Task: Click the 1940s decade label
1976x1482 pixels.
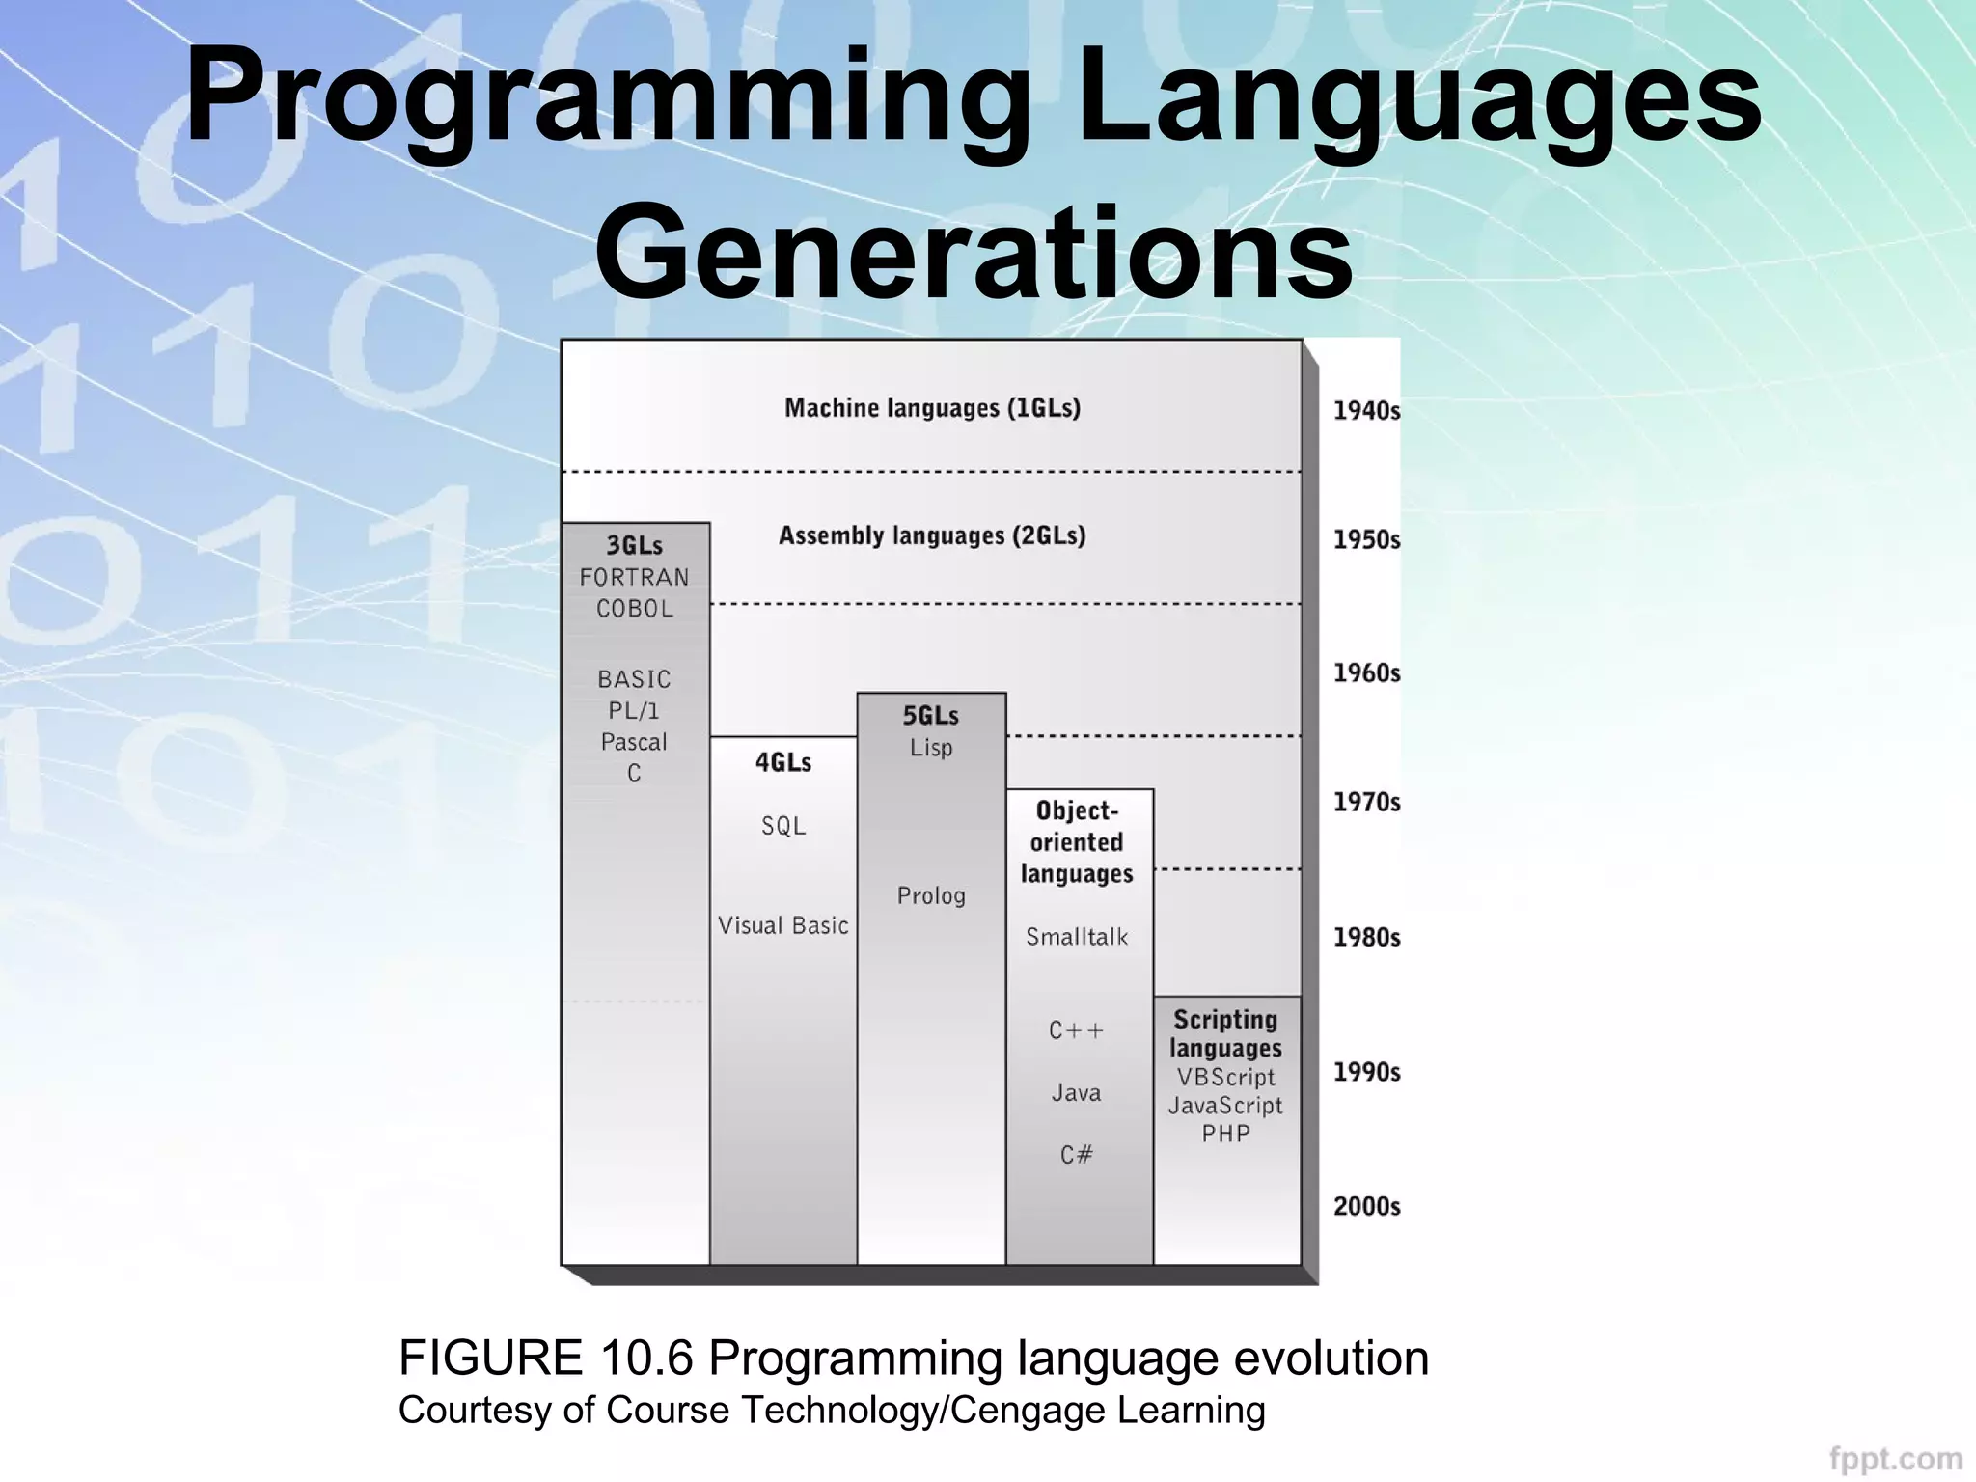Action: [x=1366, y=411]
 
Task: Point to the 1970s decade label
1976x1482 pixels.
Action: [x=1366, y=802]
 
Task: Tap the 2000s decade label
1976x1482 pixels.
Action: [x=1366, y=1206]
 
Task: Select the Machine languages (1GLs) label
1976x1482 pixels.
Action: [x=932, y=408]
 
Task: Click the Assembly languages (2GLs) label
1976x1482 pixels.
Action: [x=932, y=535]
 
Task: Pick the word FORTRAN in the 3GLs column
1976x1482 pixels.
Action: [x=634, y=577]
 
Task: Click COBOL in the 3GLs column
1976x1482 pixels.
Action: [x=634, y=609]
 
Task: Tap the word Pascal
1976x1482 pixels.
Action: [x=634, y=742]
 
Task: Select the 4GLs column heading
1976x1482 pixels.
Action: [x=782, y=762]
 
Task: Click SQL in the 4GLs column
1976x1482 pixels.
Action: [x=782, y=826]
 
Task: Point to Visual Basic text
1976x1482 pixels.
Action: [x=782, y=925]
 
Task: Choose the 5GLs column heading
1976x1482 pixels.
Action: [x=930, y=716]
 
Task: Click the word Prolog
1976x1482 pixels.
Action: [x=930, y=895]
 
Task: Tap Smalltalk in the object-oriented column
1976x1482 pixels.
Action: [x=1077, y=937]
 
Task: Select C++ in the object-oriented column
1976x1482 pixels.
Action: [x=1077, y=1030]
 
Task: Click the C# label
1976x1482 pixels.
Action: [x=1077, y=1155]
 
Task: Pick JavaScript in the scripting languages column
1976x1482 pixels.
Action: [x=1225, y=1106]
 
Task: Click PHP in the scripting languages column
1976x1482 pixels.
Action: [x=1225, y=1134]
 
